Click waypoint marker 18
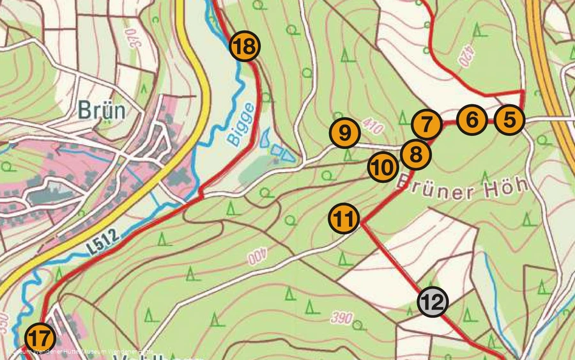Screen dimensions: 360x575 pos(245,46)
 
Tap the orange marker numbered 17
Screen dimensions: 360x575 pos(40,338)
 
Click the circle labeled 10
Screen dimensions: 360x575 pos(383,168)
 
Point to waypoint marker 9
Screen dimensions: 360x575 pos(345,133)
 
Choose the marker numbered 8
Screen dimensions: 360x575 pos(415,153)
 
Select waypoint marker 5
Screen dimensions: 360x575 pos(509,120)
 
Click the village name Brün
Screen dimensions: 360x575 pos(102,111)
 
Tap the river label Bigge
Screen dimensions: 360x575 pos(242,125)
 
